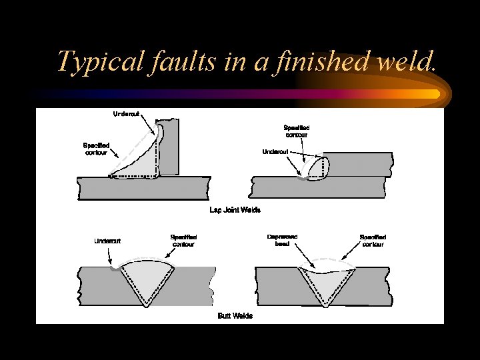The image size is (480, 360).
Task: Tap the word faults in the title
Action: pyautogui.click(x=183, y=62)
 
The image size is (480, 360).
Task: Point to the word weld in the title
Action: pyautogui.click(x=407, y=62)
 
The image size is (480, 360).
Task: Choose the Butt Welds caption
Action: pyautogui.click(x=235, y=315)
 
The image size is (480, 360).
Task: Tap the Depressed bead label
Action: pyautogui.click(x=281, y=240)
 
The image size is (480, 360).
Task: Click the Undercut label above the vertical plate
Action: pyautogui.click(x=127, y=114)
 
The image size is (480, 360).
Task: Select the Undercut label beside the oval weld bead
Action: pyautogui.click(x=275, y=151)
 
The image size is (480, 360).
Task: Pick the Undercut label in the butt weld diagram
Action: pyautogui.click(x=107, y=241)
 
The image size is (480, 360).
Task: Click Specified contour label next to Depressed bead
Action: pyautogui.click(x=373, y=240)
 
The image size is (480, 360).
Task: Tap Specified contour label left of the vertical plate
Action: pyautogui.click(x=96, y=149)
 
